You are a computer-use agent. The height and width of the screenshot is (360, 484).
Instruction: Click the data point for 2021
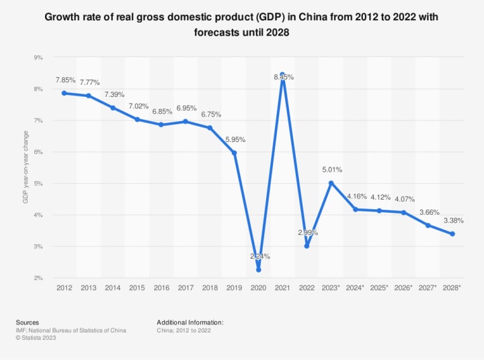point(283,75)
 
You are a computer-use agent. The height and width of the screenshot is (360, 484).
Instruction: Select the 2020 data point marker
point(258,269)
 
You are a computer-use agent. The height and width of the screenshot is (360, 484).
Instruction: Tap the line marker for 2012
point(64,93)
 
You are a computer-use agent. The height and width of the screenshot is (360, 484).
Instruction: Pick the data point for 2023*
point(331,182)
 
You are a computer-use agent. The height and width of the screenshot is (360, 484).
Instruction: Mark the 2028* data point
point(452,234)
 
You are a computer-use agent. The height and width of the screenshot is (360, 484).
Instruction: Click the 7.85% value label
point(65,80)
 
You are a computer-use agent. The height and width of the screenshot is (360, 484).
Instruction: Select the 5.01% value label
point(332,170)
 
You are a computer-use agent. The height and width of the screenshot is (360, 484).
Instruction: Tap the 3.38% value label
point(453,221)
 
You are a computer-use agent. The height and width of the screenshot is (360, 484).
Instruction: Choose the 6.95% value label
point(186,108)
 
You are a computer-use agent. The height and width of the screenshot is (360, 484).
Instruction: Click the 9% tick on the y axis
point(39,57)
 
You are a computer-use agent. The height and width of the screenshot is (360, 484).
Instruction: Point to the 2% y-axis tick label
point(39,278)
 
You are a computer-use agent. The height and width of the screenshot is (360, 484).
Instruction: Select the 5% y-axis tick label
point(39,183)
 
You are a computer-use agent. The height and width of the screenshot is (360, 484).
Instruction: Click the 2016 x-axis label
point(161,287)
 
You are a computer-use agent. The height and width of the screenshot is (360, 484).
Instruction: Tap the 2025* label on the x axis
point(380,287)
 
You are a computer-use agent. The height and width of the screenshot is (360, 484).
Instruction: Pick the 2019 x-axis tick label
point(234,287)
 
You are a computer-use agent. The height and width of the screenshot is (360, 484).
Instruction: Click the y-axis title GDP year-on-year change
point(25,168)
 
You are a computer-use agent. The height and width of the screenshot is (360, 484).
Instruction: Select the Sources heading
point(28,322)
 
